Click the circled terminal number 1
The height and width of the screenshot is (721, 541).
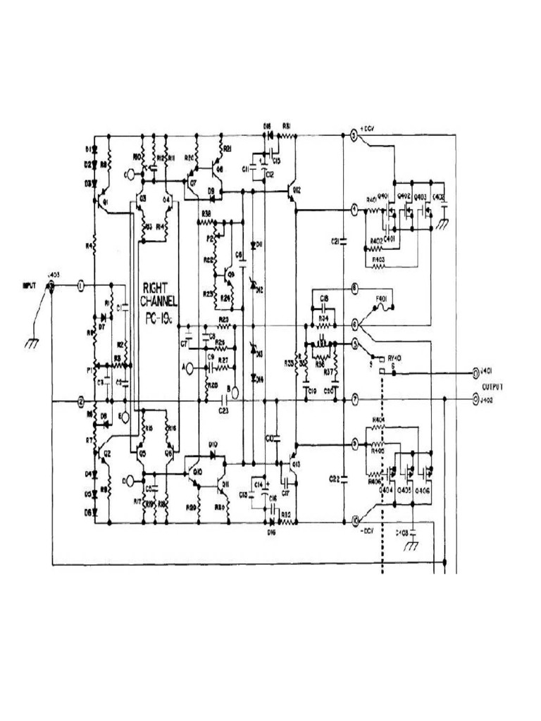click(x=81, y=285)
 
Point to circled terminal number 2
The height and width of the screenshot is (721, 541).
click(x=81, y=401)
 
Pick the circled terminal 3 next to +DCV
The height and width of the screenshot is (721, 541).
click(x=354, y=134)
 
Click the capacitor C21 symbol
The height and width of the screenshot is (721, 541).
click(x=343, y=242)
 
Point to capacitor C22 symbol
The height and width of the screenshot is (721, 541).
click(x=343, y=479)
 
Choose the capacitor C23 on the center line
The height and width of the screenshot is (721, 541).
click(x=226, y=401)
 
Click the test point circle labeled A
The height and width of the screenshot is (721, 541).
click(x=187, y=368)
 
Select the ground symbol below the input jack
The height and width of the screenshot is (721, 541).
click(x=32, y=343)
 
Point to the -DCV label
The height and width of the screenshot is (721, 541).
click(x=366, y=530)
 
